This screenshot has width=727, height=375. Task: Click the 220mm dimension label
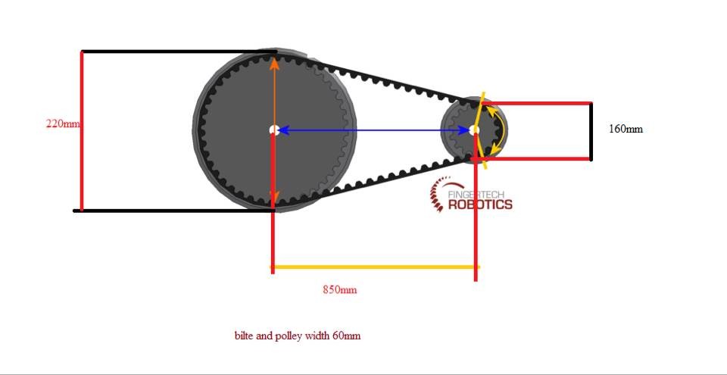(63, 123)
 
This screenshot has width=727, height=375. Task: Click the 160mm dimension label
(626, 129)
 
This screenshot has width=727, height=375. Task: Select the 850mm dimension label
(339, 290)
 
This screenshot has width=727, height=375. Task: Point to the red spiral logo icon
(439, 195)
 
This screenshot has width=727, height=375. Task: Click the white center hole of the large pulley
(274, 130)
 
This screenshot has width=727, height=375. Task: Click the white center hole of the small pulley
(474, 130)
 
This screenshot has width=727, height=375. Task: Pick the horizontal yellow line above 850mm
(374, 267)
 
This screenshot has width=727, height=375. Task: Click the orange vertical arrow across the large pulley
(274, 91)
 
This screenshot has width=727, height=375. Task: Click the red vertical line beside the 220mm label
(82, 152)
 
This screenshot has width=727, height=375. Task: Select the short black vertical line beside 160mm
(591, 131)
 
